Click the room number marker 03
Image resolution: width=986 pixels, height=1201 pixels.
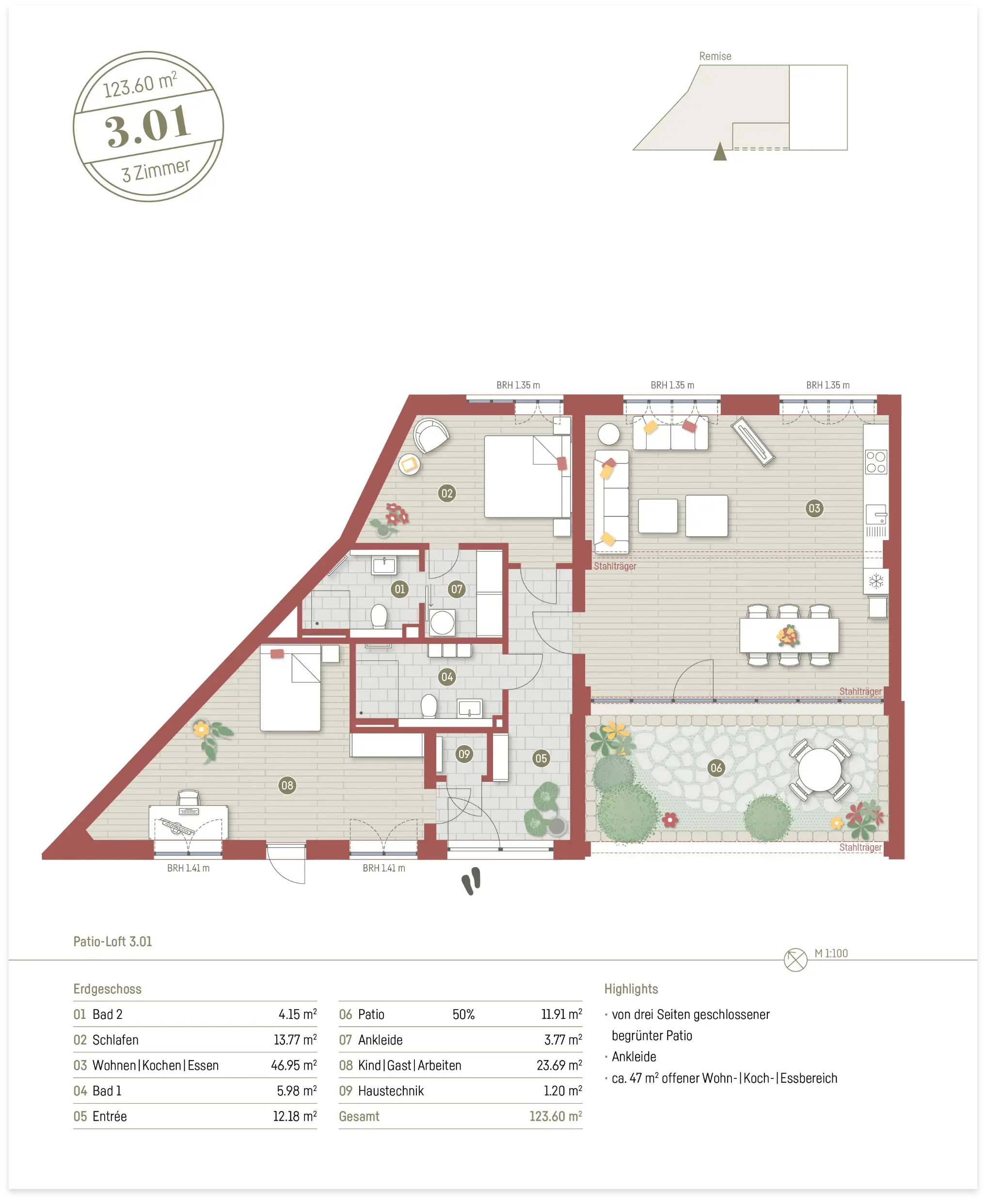click(814, 508)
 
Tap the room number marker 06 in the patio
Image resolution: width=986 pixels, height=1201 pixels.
click(716, 768)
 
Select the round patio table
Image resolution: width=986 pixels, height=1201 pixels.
click(820, 770)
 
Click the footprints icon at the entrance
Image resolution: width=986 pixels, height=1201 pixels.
click(471, 881)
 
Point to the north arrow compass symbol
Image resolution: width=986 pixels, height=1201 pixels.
click(795, 960)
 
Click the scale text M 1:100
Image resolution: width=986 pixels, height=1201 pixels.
click(831, 953)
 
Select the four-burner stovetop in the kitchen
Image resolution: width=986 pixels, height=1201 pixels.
click(876, 462)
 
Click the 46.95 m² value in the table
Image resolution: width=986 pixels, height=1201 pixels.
click(294, 1065)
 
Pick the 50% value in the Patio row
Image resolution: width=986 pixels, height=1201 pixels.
click(463, 1014)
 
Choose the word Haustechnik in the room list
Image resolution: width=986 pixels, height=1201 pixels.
click(391, 1091)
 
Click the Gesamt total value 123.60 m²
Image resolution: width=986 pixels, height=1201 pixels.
click(556, 1116)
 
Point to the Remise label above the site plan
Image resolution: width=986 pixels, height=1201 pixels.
click(715, 56)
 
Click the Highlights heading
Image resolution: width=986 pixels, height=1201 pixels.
click(631, 989)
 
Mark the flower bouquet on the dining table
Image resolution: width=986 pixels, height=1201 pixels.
click(788, 636)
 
